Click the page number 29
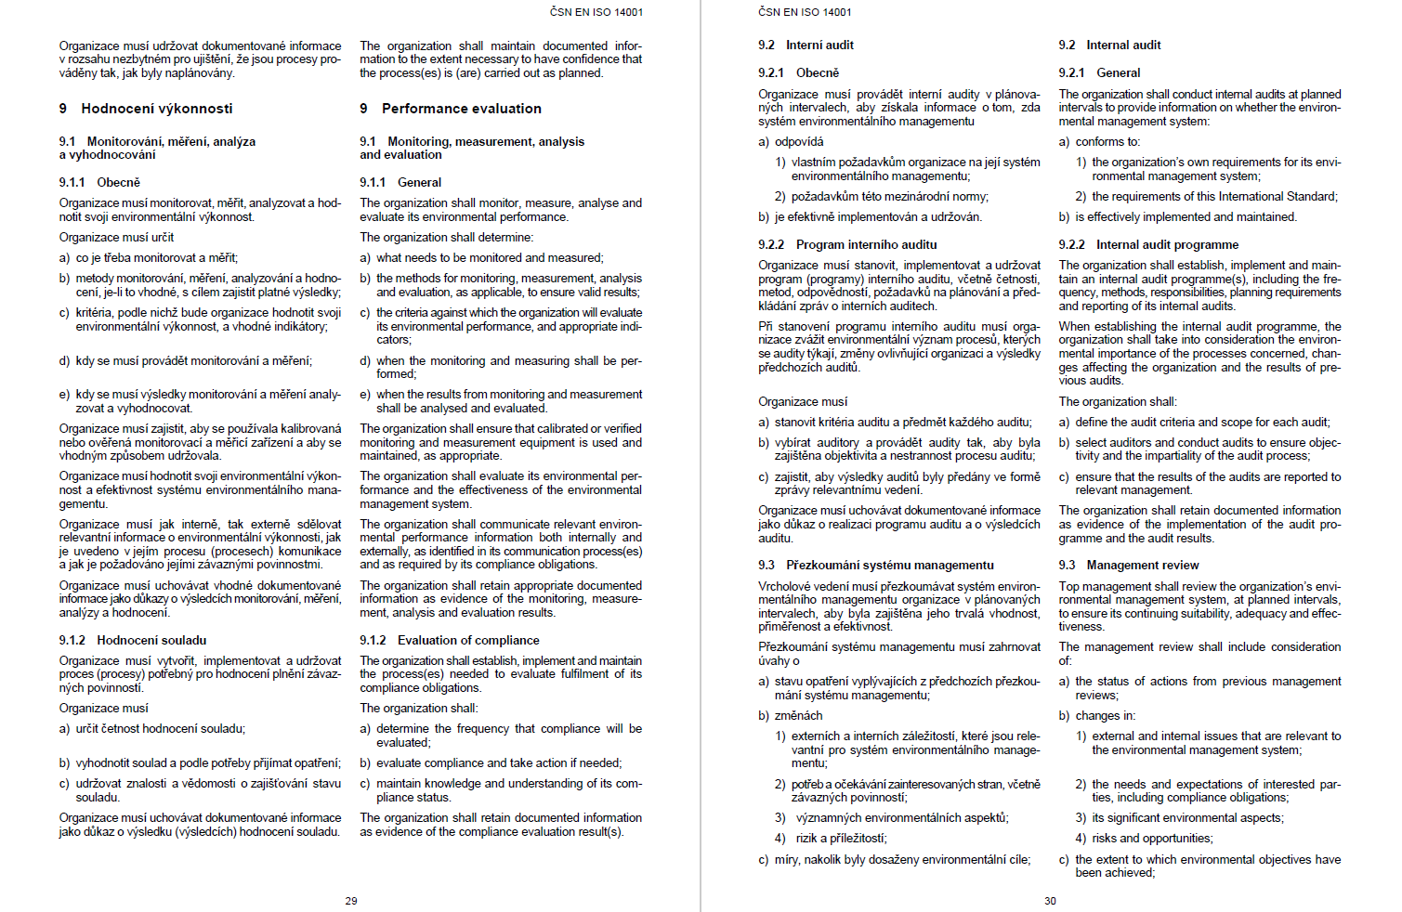(351, 901)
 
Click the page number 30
(1050, 901)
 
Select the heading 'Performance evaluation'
(461, 109)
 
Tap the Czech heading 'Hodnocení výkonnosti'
(157, 109)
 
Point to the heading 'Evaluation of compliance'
(468, 640)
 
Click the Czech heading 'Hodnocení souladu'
(151, 640)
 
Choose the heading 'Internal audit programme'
(1167, 244)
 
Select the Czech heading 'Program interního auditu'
(866, 244)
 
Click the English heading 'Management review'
(1143, 565)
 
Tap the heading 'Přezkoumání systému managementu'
(889, 565)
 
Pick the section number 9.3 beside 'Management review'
(1067, 565)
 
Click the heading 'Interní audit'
(819, 45)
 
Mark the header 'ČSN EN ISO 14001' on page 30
(805, 12)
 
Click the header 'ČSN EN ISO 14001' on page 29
(596, 12)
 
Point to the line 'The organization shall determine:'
(446, 238)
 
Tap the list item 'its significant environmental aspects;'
(1187, 818)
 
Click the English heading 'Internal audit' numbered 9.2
(1123, 45)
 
